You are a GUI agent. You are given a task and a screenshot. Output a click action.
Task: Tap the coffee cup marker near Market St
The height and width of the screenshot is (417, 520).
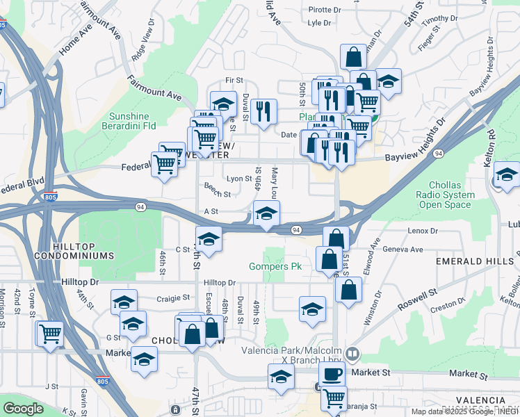click(332, 374)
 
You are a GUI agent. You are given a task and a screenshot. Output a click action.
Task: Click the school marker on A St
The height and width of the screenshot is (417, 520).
click(266, 214)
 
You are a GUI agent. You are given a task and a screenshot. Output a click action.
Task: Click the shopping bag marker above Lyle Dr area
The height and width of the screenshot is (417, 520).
click(353, 57)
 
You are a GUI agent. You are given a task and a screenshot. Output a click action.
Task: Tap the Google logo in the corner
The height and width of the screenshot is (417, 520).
click(23, 409)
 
